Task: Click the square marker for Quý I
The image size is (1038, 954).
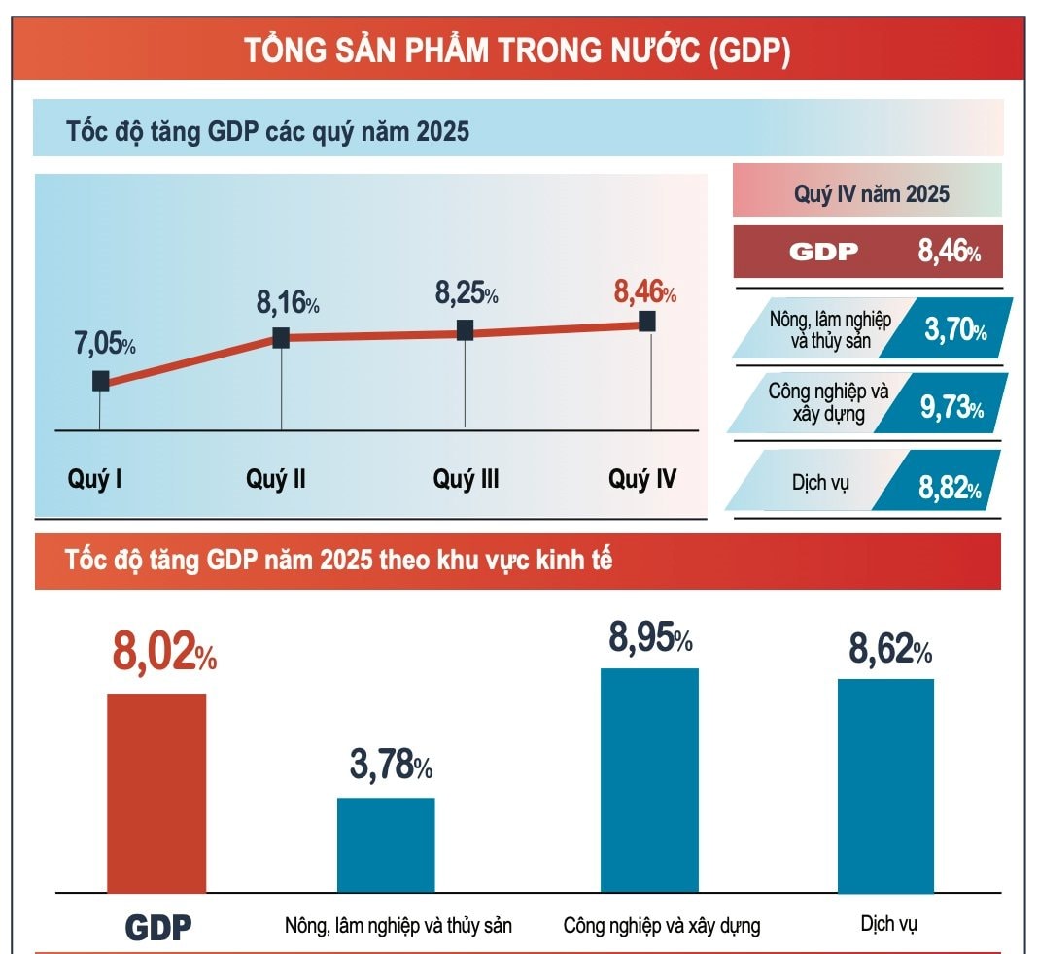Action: coord(100,380)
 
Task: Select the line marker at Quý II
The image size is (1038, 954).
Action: coord(281,337)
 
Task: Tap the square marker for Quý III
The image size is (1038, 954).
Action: coord(465,330)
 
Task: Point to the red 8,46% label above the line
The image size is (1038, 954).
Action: coord(644,291)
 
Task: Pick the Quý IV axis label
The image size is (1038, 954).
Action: coord(642,479)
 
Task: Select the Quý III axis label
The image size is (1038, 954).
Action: coord(466,479)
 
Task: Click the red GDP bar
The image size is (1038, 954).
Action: coord(156,792)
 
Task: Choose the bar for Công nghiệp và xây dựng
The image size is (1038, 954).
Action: coord(649,779)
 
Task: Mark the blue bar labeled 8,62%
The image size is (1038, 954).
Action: coord(885,784)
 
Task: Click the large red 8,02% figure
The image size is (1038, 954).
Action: coord(164,652)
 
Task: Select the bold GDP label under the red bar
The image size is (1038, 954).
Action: coord(158,927)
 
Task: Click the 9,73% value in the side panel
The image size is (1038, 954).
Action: coord(951,408)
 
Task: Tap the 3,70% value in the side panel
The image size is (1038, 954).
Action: coord(954,330)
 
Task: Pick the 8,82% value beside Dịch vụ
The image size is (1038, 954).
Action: coord(950,487)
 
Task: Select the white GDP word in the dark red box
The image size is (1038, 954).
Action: coord(823,253)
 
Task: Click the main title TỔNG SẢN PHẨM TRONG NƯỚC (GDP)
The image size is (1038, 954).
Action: coord(516,50)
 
